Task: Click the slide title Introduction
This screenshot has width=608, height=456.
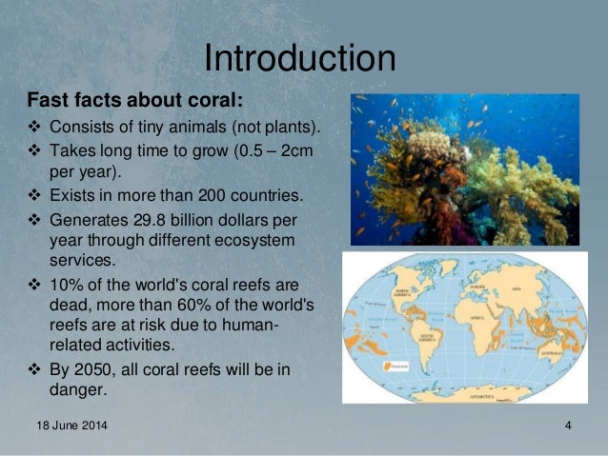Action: (300, 58)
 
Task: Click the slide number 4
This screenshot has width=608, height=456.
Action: (567, 424)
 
